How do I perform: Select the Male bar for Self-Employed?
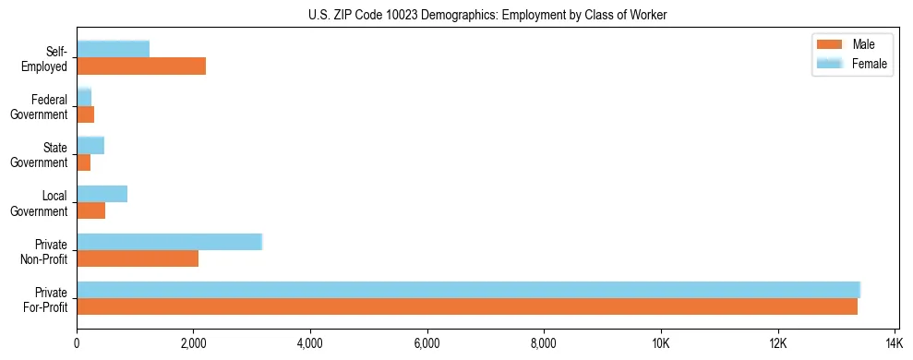pos(141,66)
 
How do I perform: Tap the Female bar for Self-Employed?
pos(113,49)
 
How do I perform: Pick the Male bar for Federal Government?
pos(86,114)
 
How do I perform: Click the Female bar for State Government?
pos(90,145)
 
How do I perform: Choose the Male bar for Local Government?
pos(91,210)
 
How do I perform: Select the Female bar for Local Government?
pos(102,194)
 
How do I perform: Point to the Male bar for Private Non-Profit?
pos(138,258)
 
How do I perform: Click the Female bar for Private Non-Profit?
pos(170,242)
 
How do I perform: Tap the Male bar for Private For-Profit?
pos(467,306)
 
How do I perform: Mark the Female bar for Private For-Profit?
pos(468,290)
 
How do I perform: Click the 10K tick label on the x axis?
pos(661,344)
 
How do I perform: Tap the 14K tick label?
pos(895,344)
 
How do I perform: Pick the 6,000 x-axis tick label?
pos(427,344)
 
